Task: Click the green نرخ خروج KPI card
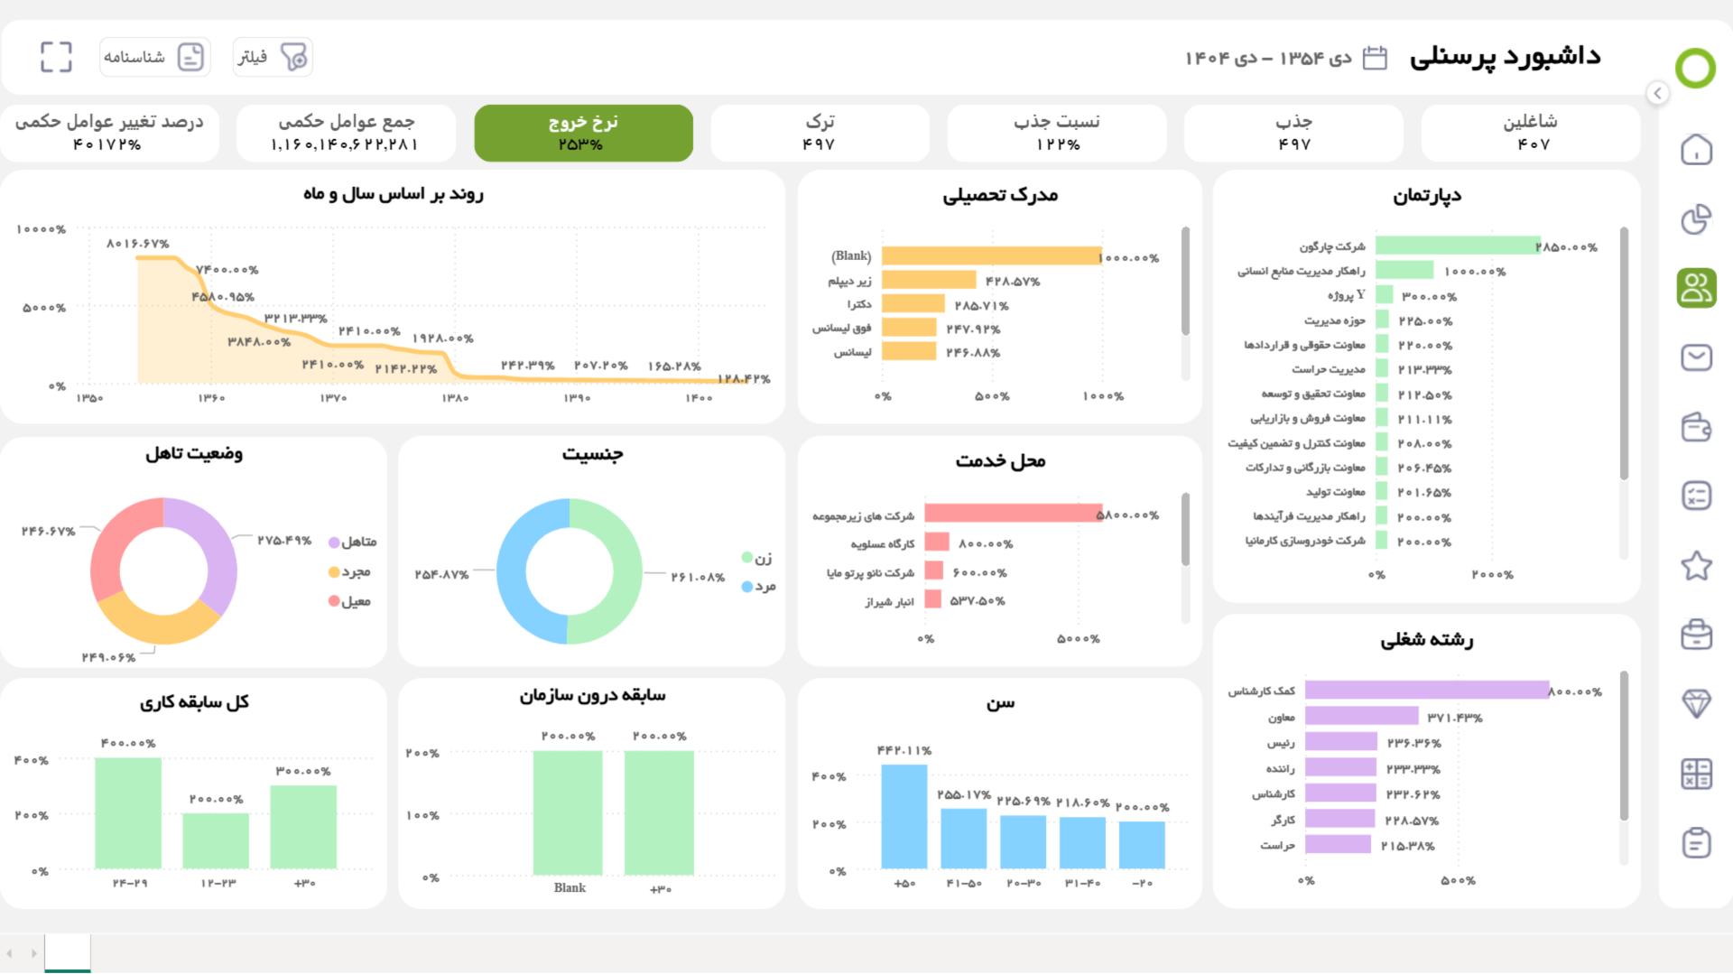pos(583,133)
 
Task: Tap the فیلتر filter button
pos(272,57)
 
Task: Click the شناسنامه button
pos(154,57)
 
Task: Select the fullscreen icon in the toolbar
pos(56,57)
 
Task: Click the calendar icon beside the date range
pos(1374,58)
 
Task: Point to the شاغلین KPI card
pos(1530,133)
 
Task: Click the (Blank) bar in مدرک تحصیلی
pos(991,256)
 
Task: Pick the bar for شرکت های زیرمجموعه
pos(1013,514)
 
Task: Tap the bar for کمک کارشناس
pos(1426,691)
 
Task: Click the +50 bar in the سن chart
pos(904,816)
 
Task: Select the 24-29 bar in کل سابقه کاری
pos(128,812)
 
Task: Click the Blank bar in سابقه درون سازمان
pos(568,812)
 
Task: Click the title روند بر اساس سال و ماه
pos(394,194)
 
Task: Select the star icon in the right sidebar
pos(1696,566)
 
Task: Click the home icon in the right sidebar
pos(1696,150)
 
